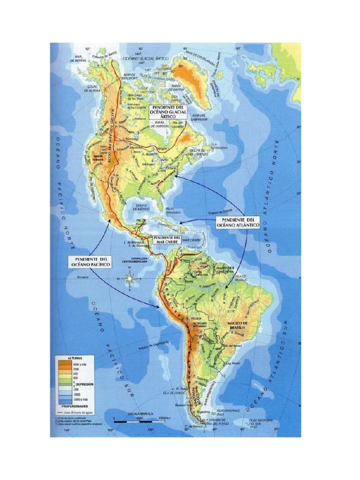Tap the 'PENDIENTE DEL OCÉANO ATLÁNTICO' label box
pyautogui.click(x=238, y=222)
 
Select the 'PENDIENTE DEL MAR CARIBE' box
pyautogui.click(x=168, y=240)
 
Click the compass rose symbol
pyautogui.click(x=131, y=278)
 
